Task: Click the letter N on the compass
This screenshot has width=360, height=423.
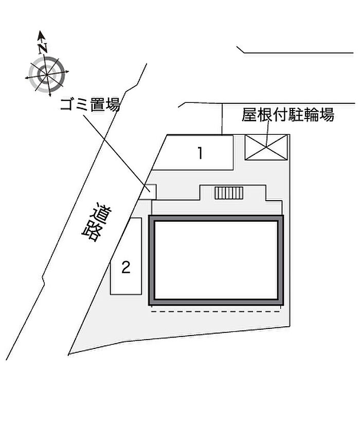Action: [x=43, y=48]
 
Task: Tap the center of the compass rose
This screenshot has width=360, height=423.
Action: [x=47, y=74]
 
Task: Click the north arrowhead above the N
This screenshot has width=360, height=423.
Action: [x=41, y=36]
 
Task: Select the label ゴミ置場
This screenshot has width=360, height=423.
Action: [x=90, y=104]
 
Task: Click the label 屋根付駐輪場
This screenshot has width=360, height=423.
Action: [x=287, y=115]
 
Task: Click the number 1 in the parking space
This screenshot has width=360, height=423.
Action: [x=200, y=153]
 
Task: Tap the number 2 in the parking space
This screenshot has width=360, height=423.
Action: [x=126, y=268]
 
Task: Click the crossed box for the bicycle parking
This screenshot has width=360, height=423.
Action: [x=266, y=147]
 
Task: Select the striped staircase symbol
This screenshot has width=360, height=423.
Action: [x=229, y=193]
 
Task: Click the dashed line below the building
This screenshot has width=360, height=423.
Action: [x=215, y=312]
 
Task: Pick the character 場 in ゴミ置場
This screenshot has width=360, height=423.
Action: [x=113, y=104]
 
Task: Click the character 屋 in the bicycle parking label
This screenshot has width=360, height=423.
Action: [x=249, y=115]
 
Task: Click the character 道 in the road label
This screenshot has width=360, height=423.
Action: [x=102, y=214]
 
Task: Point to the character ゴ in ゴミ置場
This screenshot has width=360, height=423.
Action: [x=67, y=104]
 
